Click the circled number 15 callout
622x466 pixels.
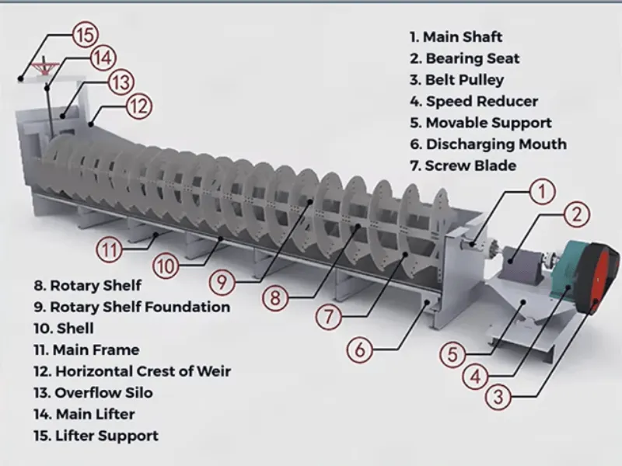point(85,35)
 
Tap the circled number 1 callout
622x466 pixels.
point(542,192)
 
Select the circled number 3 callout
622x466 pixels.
point(498,397)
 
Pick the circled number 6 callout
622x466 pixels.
point(359,349)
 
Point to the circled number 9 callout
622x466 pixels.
point(222,283)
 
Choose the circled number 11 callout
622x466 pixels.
point(109,249)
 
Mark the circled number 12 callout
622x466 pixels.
point(138,107)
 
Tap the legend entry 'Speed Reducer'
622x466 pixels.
point(474,102)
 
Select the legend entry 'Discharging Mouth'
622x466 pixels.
point(488,144)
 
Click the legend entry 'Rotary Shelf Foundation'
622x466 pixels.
point(131,307)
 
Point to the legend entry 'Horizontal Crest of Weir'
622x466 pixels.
point(132,371)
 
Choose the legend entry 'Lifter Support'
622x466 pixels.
point(96,436)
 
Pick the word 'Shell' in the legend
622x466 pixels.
point(75,329)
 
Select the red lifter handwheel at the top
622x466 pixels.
point(45,66)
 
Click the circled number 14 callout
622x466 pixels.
point(103,58)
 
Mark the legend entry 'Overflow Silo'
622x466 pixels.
point(93,393)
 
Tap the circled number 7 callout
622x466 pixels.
point(328,317)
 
